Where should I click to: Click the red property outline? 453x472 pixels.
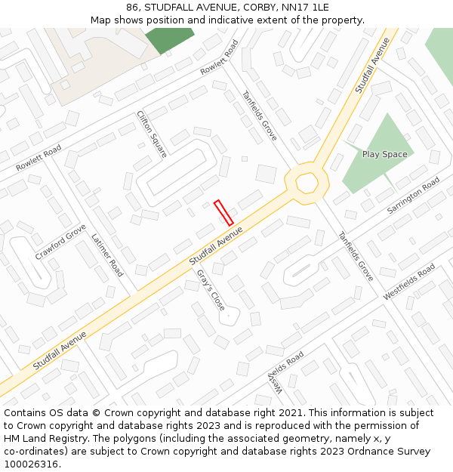pos(223,212)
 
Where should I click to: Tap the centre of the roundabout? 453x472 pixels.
pos(307,182)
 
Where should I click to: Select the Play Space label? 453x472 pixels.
pos(384,155)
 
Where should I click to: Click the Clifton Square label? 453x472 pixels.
pos(152,134)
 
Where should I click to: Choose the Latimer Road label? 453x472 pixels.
pos(107,255)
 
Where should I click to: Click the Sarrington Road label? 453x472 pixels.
pos(413,196)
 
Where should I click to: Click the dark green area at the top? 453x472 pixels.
pos(169,39)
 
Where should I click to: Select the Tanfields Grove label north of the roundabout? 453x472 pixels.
pos(259,116)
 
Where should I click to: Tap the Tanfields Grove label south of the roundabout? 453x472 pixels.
pos(356,256)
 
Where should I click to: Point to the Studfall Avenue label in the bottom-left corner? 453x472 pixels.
pos(60,350)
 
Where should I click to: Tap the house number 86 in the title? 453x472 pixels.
pos(133,8)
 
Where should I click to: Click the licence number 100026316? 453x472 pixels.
pos(31,464)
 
